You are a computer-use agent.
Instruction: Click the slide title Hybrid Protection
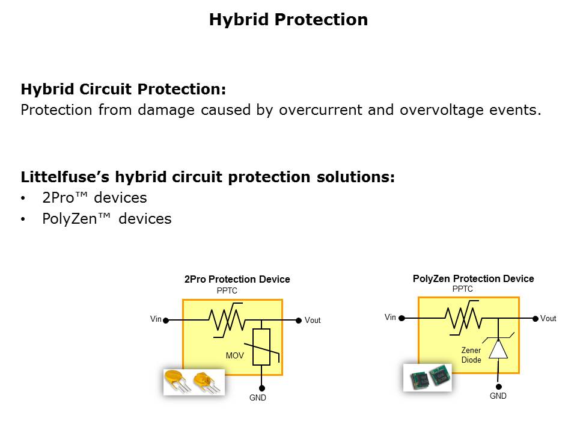(x=288, y=20)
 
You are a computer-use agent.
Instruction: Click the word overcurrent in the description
(x=320, y=109)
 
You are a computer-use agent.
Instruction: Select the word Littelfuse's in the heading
(x=65, y=177)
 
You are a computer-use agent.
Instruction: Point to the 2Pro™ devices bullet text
(x=94, y=198)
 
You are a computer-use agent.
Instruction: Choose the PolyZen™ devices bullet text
(x=107, y=219)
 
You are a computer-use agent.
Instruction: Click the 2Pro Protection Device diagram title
(x=237, y=279)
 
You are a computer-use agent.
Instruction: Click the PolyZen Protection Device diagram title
(x=473, y=278)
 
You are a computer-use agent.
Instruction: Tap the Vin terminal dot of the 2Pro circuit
(x=166, y=321)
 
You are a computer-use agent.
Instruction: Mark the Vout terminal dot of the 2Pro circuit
(x=299, y=321)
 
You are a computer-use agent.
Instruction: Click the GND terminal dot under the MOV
(x=261, y=388)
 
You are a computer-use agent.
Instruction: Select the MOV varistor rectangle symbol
(x=261, y=347)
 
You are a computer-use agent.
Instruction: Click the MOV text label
(x=235, y=355)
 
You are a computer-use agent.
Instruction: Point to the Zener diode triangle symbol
(x=498, y=349)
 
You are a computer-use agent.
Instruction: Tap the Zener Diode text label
(x=471, y=355)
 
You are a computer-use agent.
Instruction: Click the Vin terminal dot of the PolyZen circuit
(x=402, y=318)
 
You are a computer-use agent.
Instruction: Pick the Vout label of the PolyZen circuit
(x=548, y=319)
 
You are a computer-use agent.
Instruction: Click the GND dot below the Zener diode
(x=499, y=387)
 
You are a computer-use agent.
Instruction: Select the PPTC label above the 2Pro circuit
(x=227, y=290)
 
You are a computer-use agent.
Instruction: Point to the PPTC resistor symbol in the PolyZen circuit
(x=463, y=318)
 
